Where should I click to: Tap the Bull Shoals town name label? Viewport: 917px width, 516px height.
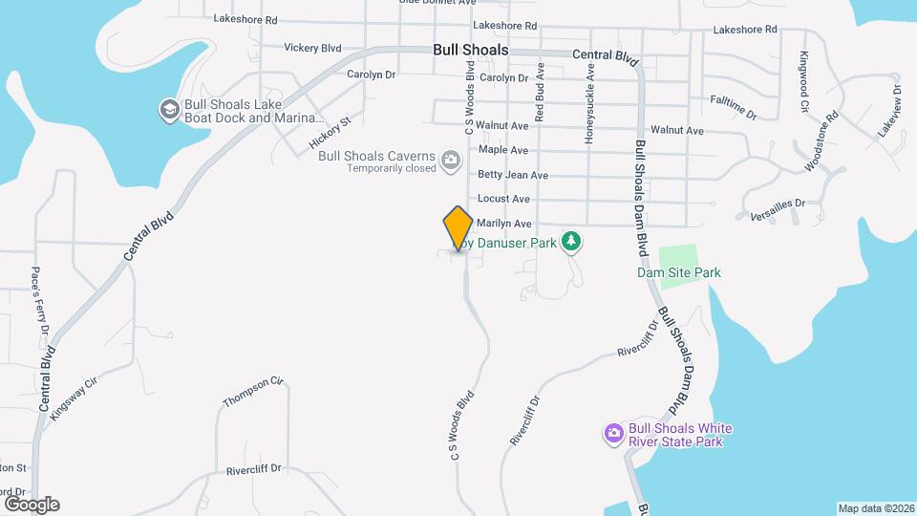tap(470, 50)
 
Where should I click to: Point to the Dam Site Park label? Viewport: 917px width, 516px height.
tap(679, 272)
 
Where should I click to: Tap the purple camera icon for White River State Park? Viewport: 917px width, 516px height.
tap(613, 435)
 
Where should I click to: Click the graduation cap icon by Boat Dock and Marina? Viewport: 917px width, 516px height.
tap(169, 110)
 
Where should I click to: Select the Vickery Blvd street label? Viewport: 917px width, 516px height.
tap(312, 47)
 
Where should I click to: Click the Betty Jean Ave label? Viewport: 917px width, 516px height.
tap(513, 175)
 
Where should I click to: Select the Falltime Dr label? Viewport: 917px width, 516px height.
tap(734, 106)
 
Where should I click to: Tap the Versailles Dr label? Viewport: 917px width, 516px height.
tap(778, 207)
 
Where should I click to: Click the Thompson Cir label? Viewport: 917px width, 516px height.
tap(253, 390)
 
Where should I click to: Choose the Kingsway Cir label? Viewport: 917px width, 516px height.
tap(75, 398)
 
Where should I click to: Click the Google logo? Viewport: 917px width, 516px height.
tap(32, 504)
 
